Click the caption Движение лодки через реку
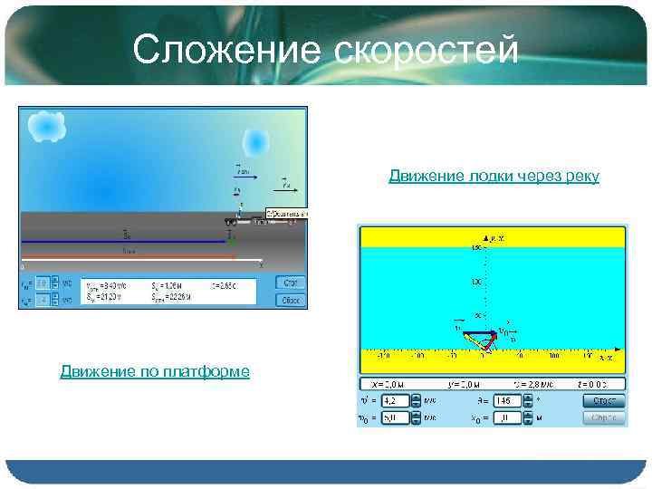[494, 176]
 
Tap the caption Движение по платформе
[155, 371]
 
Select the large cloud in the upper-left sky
[46, 127]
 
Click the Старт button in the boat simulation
[604, 400]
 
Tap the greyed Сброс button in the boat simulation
[604, 418]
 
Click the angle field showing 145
[505, 400]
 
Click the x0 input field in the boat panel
[505, 418]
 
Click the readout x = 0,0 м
[384, 383]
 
